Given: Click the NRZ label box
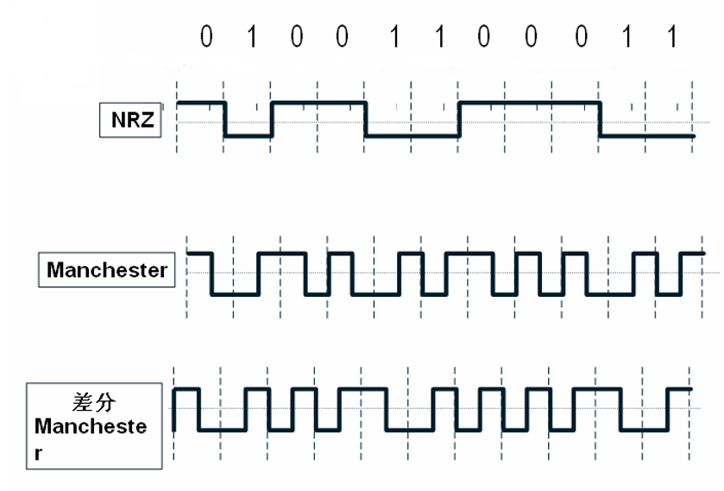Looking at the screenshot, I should tap(132, 120).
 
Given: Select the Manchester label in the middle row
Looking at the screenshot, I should tap(107, 270).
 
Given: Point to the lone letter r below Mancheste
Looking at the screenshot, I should tap(38, 453).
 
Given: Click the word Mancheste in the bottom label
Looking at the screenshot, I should tap(91, 426).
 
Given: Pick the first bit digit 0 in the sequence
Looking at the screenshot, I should tap(205, 37).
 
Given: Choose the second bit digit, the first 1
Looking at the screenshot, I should tap(251, 37).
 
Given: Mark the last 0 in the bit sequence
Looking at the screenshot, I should tap(579, 37).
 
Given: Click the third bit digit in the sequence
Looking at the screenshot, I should tap(298, 37).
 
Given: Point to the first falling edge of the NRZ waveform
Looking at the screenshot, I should tap(225, 119).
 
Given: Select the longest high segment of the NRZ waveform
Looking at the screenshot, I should tap(529, 102).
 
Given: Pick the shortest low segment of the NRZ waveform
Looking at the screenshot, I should tap(249, 135).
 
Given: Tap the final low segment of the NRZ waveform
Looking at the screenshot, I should tap(647, 135).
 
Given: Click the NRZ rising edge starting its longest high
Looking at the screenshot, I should tap(459, 119).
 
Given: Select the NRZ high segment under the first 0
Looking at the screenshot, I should tap(201, 102).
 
